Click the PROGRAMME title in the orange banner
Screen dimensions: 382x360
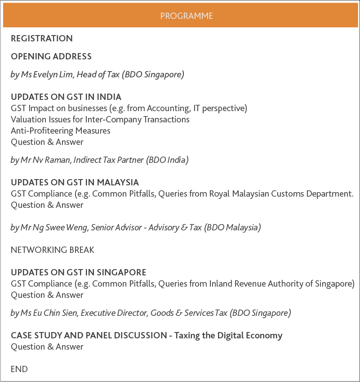click(x=187, y=16)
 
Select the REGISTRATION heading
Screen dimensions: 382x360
click(x=42, y=39)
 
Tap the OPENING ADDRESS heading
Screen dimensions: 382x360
click(x=51, y=57)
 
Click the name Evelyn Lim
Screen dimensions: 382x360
click(x=52, y=75)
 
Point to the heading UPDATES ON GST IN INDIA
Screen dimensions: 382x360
click(x=66, y=97)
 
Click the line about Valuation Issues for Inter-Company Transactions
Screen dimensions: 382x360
click(x=100, y=119)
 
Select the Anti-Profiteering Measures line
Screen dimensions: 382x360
click(x=60, y=130)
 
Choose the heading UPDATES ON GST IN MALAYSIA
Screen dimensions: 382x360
click(x=75, y=182)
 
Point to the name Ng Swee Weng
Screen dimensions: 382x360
click(x=60, y=227)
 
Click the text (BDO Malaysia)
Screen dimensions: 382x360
click(x=232, y=227)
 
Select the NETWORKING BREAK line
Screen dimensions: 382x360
click(x=53, y=250)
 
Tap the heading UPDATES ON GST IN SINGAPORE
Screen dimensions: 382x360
click(x=79, y=272)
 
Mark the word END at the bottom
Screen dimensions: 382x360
click(x=19, y=369)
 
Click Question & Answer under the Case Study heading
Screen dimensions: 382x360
click(x=47, y=346)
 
